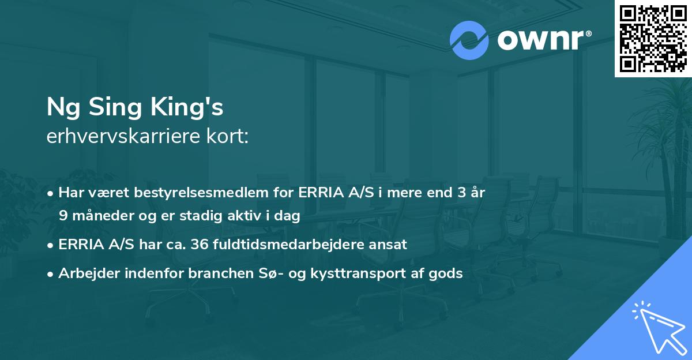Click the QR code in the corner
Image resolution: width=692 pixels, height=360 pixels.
tap(653, 38)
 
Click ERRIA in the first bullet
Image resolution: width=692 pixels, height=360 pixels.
tap(319, 193)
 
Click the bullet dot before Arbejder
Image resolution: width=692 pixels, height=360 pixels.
tap(51, 273)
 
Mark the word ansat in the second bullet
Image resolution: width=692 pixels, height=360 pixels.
tap(390, 244)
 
